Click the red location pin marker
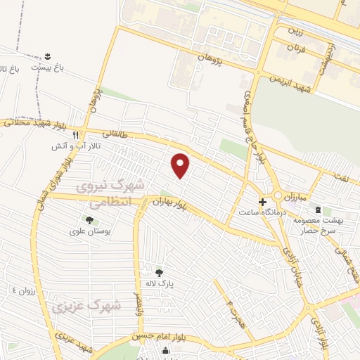click(181, 165)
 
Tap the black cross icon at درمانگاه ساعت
click(262, 201)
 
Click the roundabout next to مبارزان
click(278, 196)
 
